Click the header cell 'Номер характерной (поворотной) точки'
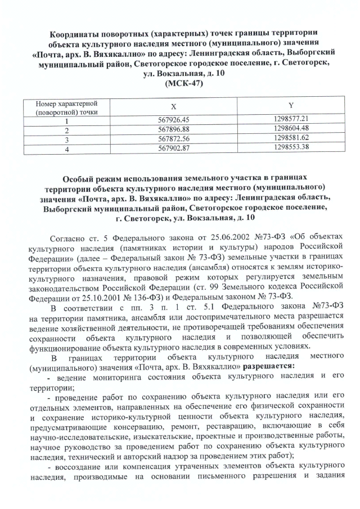[x=66, y=108]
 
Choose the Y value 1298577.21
[x=290, y=119]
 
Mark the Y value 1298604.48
[x=290, y=128]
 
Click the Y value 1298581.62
[x=290, y=138]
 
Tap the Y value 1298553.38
[x=290, y=148]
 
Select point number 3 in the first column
[x=66, y=139]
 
